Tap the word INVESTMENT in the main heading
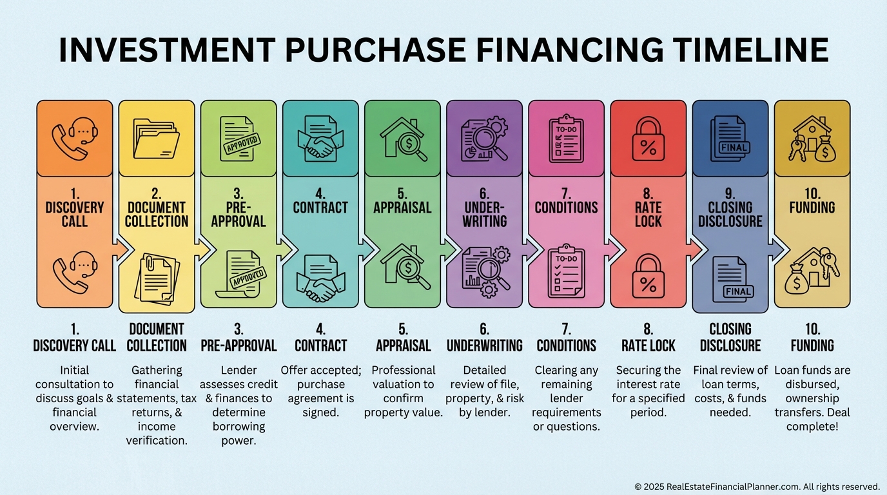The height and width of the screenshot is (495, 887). [x=167, y=50]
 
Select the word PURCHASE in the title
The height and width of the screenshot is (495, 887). [x=375, y=50]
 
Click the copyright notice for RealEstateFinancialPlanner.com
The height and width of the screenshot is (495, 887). [x=757, y=486]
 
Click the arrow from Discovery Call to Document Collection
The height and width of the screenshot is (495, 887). [x=121, y=249]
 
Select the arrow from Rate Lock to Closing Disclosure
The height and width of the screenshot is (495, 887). [x=696, y=249]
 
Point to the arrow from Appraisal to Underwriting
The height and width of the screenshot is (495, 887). [x=450, y=249]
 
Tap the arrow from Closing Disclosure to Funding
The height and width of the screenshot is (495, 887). [x=777, y=249]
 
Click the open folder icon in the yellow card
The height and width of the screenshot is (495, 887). [x=156, y=139]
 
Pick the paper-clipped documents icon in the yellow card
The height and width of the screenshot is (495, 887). [x=157, y=279]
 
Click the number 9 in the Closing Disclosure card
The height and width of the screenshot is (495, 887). [x=730, y=194]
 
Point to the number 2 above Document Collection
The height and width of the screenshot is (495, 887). [x=157, y=194]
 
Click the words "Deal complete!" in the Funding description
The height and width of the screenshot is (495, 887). [x=812, y=420]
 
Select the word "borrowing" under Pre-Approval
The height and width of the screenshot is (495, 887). [x=239, y=427]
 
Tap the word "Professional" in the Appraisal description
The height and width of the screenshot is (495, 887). [x=403, y=370]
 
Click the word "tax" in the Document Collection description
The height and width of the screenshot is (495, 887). [x=188, y=398]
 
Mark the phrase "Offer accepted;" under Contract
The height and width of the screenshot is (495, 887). [x=321, y=370]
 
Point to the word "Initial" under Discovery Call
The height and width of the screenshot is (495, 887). [x=74, y=370]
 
